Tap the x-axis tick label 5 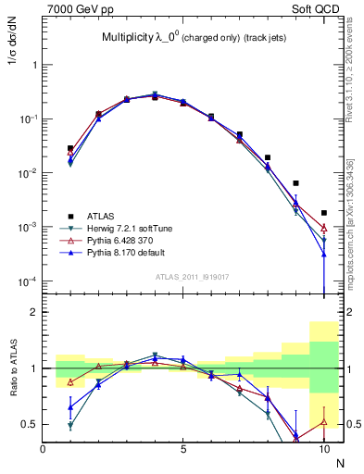click(x=183, y=448)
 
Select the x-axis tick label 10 click(x=323, y=448)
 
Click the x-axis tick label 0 click(x=43, y=448)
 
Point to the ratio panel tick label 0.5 click(x=30, y=424)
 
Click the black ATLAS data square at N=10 click(x=324, y=213)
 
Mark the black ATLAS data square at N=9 click(x=295, y=183)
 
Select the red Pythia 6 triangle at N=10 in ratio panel click(x=324, y=421)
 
